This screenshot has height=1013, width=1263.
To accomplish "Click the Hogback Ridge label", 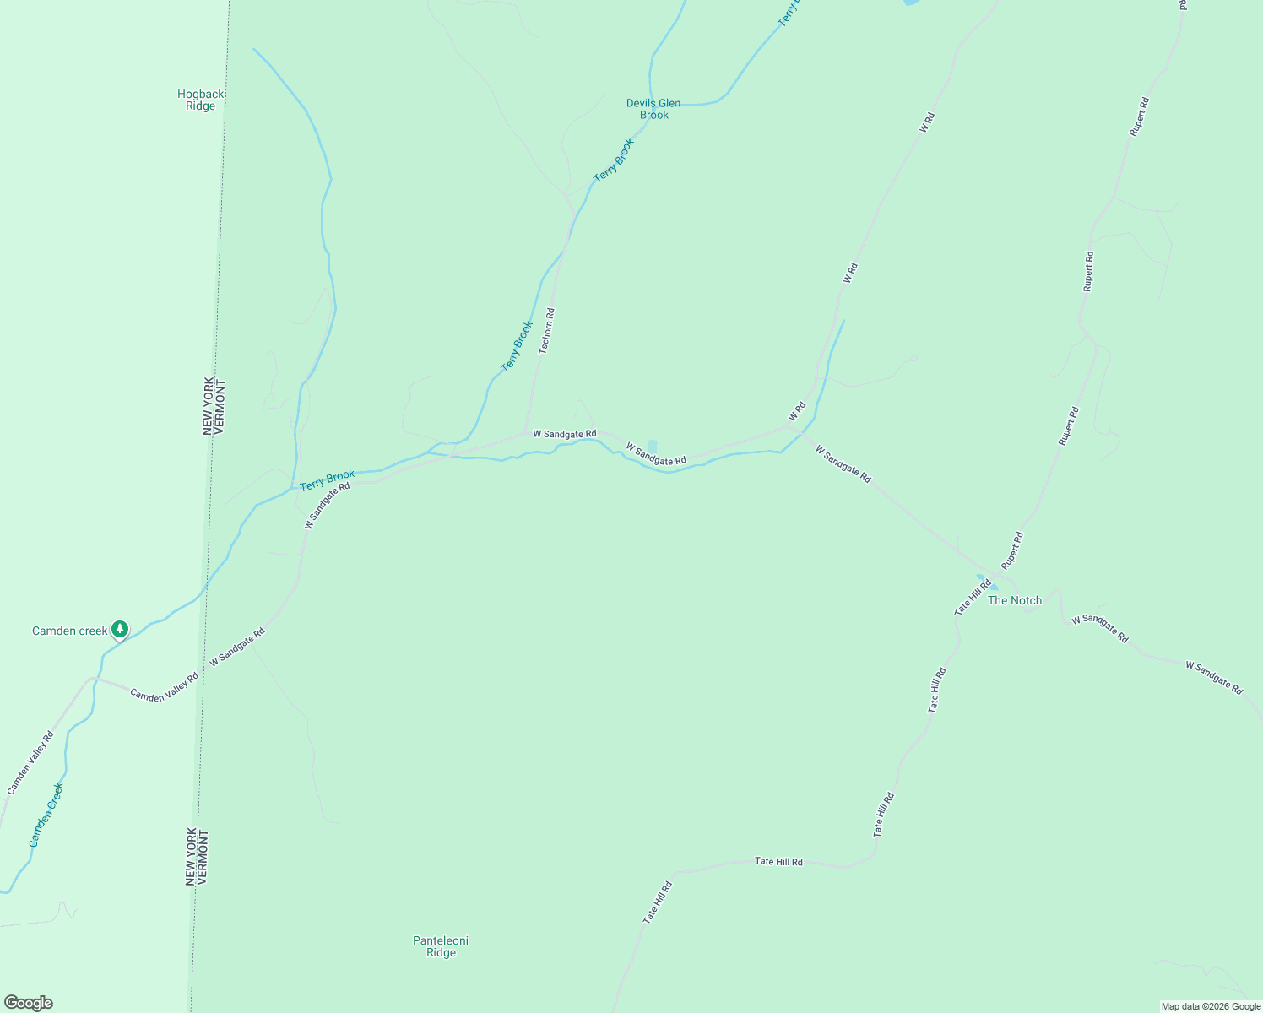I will (201, 100).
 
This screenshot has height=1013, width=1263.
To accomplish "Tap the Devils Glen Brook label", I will (653, 109).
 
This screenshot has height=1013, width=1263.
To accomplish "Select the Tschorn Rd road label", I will (546, 331).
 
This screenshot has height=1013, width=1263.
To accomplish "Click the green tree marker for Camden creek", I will (121, 629).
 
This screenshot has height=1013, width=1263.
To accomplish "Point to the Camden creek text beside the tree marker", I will (70, 631).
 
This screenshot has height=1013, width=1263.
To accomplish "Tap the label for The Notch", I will (1015, 600).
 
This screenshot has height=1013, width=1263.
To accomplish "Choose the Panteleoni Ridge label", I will (441, 946).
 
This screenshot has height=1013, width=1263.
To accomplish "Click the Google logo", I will (28, 1003).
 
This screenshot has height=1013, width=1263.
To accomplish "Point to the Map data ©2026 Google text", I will (1211, 1006).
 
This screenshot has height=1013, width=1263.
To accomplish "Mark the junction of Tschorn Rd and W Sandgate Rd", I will (527, 434).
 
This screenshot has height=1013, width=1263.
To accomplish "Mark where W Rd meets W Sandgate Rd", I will (788, 425).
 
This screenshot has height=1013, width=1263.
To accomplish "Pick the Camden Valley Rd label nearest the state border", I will (164, 686).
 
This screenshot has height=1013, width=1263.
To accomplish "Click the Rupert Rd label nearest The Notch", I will (1012, 550).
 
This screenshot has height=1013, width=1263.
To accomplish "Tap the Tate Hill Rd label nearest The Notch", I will (973, 597).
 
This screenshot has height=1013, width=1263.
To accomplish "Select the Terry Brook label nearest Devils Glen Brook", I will (613, 160).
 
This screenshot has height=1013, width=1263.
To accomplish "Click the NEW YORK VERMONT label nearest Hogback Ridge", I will (214, 406).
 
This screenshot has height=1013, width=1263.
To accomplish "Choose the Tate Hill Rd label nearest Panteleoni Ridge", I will (658, 902).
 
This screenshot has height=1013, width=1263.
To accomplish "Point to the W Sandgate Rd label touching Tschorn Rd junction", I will (564, 434).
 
